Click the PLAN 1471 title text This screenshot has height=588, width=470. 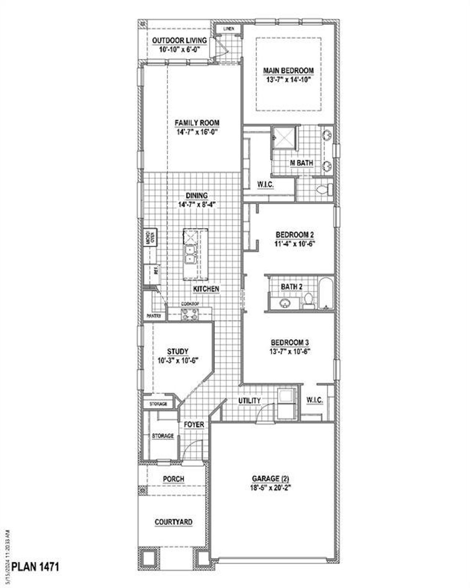pos(35,566)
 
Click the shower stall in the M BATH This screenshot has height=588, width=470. pos(283,138)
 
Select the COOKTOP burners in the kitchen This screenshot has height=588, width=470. pos(190,314)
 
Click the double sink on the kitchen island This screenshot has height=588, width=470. pos(190,255)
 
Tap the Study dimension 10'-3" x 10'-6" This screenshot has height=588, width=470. pos(178,361)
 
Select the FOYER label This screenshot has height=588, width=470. pos(194,425)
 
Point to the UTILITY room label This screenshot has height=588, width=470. pos(249,401)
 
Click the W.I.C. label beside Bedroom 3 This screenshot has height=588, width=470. pos(315,401)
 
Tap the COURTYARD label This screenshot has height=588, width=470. pos(173,522)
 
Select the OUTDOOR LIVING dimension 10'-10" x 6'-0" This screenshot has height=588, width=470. pos(179,49)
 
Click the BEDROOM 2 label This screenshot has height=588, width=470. pos(294,234)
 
